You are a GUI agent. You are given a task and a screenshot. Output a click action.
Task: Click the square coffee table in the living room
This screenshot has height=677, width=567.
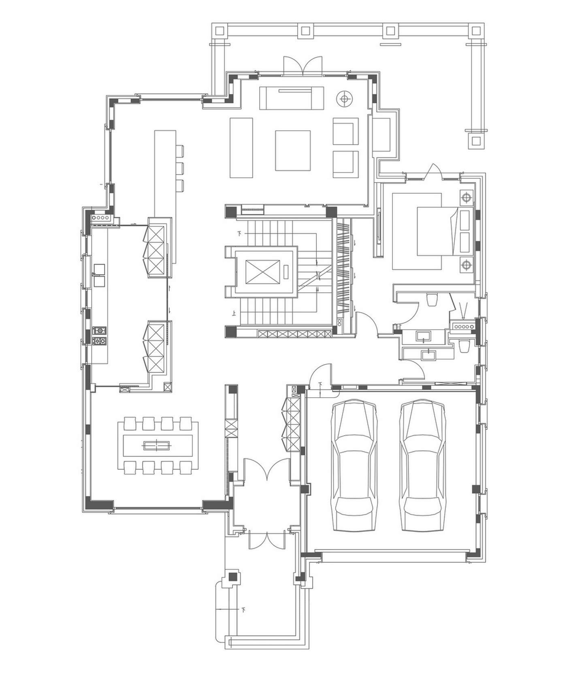point(293,150)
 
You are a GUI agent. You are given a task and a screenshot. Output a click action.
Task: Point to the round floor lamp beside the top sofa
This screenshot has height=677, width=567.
point(345,98)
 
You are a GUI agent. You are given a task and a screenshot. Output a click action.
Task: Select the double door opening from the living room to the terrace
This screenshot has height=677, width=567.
point(303,66)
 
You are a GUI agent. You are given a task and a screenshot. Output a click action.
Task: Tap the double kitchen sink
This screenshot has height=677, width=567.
point(99,275)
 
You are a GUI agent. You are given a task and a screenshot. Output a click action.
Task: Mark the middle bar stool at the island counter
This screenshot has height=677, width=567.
point(180,168)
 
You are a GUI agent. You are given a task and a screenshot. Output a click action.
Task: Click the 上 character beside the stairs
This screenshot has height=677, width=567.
point(234,313)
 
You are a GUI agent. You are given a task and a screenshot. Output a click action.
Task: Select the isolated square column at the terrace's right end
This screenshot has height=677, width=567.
point(476,141)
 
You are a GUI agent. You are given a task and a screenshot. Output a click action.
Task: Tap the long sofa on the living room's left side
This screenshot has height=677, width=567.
point(241,148)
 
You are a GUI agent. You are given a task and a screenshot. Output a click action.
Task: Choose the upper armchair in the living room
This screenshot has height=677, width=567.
point(346,131)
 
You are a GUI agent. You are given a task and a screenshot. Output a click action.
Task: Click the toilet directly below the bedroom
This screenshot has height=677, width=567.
point(433,299)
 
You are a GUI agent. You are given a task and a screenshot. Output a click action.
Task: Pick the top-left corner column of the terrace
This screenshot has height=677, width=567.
point(220,31)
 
